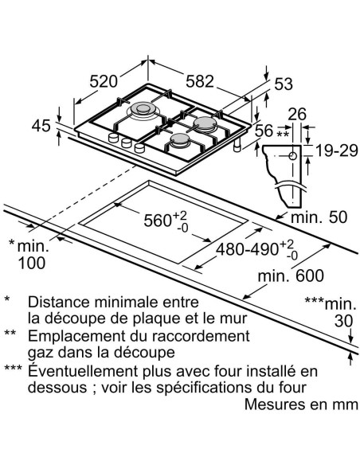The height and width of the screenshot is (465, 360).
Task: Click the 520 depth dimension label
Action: coord(103,80)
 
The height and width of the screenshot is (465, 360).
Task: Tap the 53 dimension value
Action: coord(284,85)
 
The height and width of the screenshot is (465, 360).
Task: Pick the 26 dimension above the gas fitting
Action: coord(299,114)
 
